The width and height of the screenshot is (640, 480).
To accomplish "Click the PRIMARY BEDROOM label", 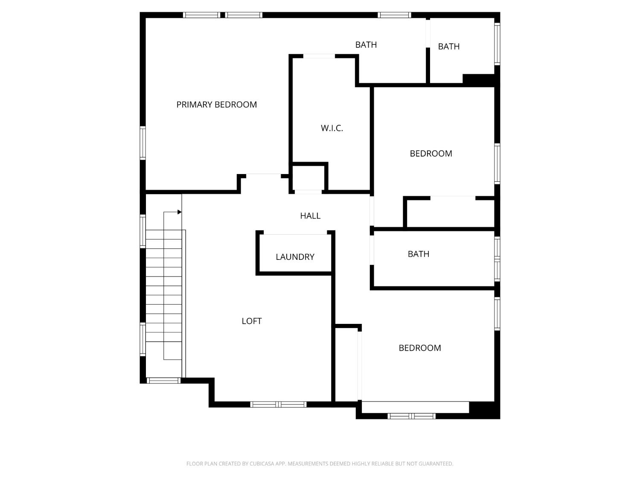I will tap(216, 105).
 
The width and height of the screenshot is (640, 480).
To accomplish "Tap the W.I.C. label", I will tap(332, 128).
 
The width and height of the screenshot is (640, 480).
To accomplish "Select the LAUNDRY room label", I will tap(295, 257).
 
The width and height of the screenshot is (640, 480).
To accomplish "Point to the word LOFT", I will tap(251, 321).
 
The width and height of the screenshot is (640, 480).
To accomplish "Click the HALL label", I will tap(310, 216).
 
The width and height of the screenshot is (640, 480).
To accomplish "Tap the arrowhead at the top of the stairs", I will tap(180, 212).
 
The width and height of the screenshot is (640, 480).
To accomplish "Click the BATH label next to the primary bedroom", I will tap(366, 44).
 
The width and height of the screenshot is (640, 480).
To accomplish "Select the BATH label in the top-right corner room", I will tap(448, 47).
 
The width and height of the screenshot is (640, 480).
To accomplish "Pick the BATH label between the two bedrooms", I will tap(418, 254).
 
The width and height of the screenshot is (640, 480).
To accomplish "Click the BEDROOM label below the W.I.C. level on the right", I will tap(431, 154).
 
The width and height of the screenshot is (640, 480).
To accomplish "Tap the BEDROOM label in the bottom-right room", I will tap(419, 348).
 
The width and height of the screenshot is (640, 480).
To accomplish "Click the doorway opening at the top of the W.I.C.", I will tap(319, 56).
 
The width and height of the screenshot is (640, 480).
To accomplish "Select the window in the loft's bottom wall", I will tap(278, 404).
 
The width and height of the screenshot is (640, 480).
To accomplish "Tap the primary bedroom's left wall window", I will tap(143, 143).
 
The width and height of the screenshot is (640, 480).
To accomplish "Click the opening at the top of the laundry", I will tap(295, 233).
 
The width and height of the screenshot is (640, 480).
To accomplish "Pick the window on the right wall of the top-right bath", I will tap(497, 44).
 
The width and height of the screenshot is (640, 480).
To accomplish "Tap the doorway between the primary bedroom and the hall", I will tap(263, 175).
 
